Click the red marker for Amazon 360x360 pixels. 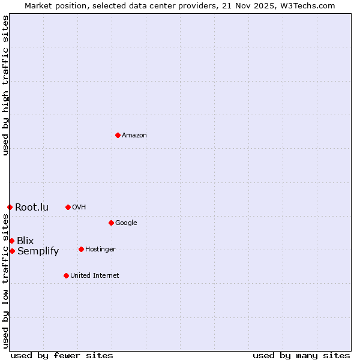tap(118, 135)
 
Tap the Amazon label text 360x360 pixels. tap(134, 136)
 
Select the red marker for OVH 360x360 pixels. tap(68, 207)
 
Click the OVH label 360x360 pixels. tap(79, 208)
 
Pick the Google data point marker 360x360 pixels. tap(111, 223)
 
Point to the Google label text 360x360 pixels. tap(126, 223)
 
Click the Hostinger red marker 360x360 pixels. tap(81, 249)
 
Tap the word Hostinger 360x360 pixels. tap(100, 250)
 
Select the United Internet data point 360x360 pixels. tap(66, 275)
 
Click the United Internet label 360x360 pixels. tap(95, 276)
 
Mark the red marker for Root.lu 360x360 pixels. tap(10, 207)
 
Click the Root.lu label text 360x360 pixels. tap(32, 208)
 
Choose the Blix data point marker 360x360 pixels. tap(11, 241)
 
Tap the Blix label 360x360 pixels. tap(25, 241)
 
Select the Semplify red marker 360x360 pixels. tap(12, 251)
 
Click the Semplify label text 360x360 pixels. tap(38, 251)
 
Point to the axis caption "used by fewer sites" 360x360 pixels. tap(62, 355)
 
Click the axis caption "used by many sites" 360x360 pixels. tap(301, 355)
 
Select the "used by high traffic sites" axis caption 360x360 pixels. tap(5, 85)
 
